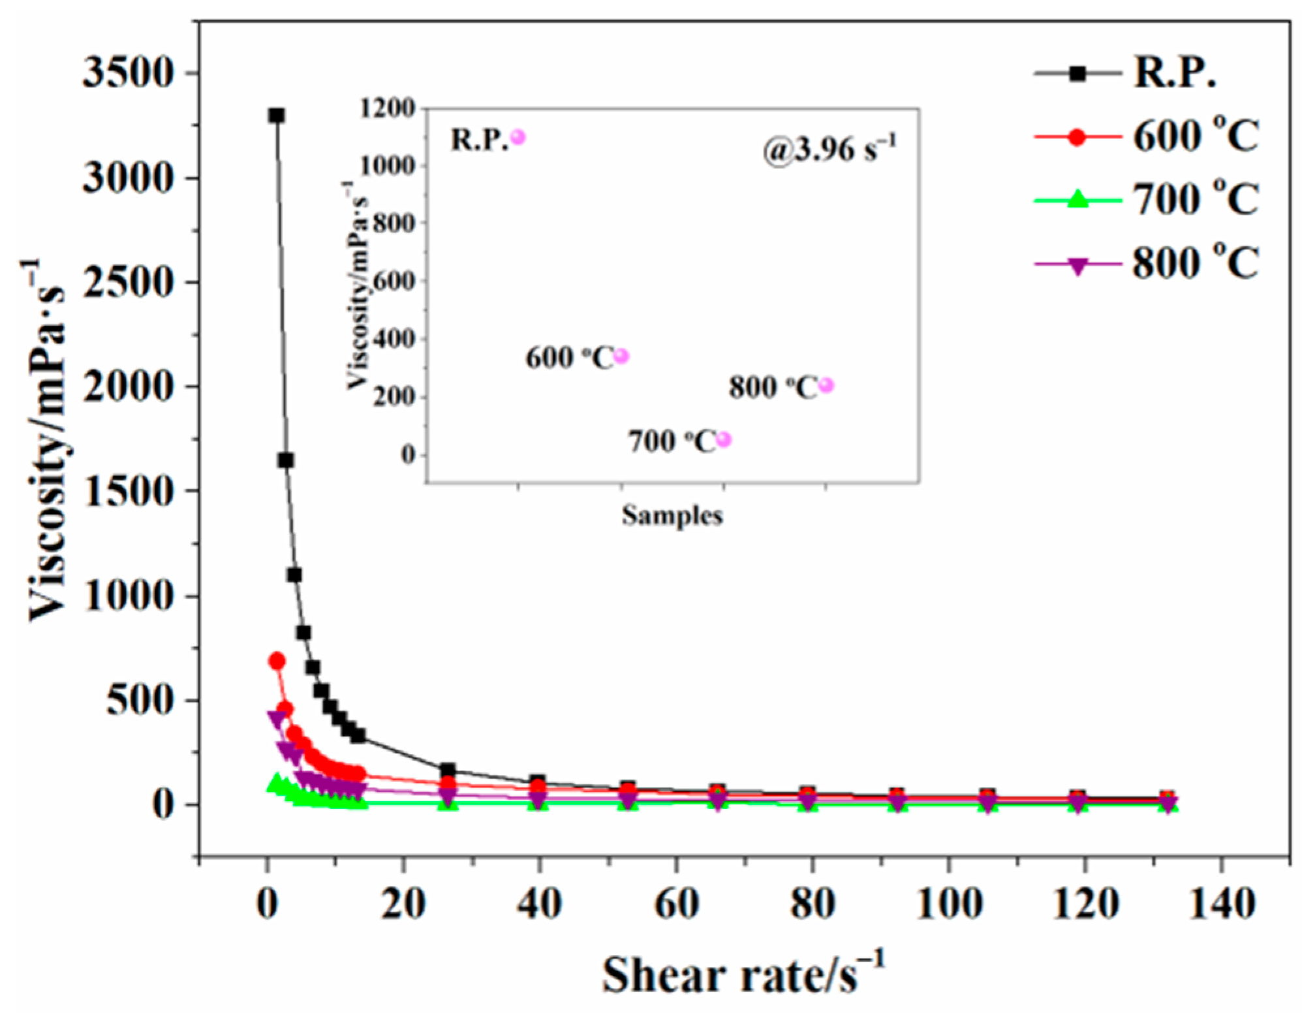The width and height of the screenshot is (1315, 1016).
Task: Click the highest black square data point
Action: pyautogui.click(x=277, y=116)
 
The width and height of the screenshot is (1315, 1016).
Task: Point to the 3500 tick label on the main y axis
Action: pyautogui.click(x=129, y=73)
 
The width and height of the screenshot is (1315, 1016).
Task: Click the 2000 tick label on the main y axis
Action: pyautogui.click(x=129, y=387)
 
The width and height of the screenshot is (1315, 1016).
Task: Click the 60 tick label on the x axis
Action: pyautogui.click(x=677, y=905)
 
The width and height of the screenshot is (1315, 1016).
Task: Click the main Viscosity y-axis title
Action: pyautogui.click(x=47, y=441)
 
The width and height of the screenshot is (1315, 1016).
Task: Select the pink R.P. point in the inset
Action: pyautogui.click(x=518, y=137)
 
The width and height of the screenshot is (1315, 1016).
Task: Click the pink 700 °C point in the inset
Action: pyautogui.click(x=724, y=440)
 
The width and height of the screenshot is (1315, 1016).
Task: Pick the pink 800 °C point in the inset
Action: pyautogui.click(x=826, y=385)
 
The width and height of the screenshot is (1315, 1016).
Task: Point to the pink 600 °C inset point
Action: pyautogui.click(x=621, y=357)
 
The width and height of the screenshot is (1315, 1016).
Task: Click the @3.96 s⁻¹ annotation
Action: pyautogui.click(x=830, y=150)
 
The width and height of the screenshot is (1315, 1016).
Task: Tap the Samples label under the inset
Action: pyautogui.click(x=672, y=516)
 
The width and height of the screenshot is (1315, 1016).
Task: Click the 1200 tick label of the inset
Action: pyautogui.click(x=387, y=108)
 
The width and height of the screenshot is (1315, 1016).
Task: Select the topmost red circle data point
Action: pyautogui.click(x=277, y=661)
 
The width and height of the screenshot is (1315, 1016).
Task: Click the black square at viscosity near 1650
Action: pyautogui.click(x=285, y=460)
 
